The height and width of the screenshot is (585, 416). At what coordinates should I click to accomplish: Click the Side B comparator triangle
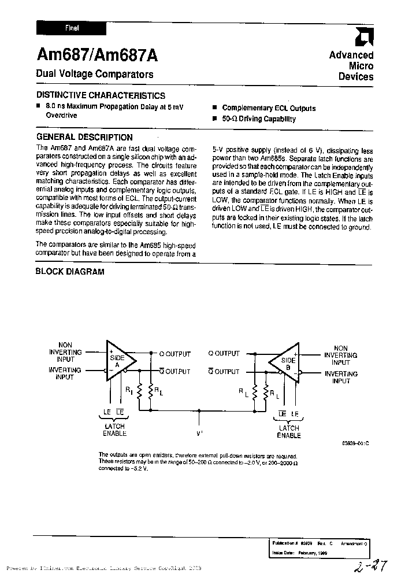(x=285, y=362)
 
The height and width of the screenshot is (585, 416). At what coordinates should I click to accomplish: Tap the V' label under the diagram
(x=199, y=432)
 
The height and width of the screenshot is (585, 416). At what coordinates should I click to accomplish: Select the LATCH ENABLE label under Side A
(x=114, y=430)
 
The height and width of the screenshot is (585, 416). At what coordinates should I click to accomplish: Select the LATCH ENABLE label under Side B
(x=289, y=432)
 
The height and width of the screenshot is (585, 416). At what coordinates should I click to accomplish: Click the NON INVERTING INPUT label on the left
(x=65, y=351)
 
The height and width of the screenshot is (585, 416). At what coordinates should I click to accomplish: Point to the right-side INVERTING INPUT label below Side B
(x=341, y=377)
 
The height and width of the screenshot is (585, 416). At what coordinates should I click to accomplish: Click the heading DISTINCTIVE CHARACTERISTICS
(x=101, y=95)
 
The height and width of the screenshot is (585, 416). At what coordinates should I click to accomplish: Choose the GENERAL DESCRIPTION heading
(x=84, y=138)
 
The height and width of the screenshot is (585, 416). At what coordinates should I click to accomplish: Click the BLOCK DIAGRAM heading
(x=70, y=272)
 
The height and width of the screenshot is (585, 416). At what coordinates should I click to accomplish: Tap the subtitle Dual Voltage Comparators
(x=95, y=75)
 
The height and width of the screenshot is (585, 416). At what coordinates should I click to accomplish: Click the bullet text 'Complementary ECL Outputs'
(x=269, y=108)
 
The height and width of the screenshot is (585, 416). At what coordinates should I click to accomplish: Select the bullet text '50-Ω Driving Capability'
(x=258, y=119)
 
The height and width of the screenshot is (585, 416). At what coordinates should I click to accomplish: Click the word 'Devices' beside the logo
(x=356, y=77)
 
